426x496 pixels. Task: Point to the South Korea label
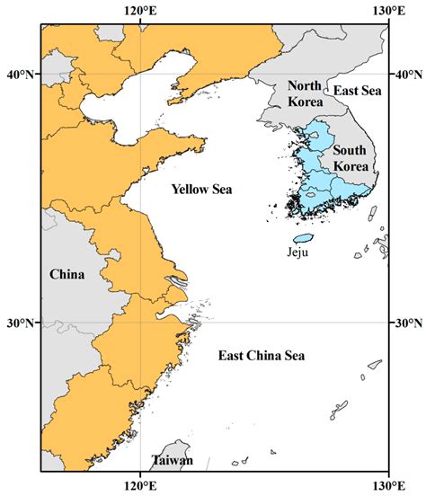point(349,158)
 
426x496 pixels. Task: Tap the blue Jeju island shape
point(304,239)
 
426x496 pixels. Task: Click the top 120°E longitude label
point(139,10)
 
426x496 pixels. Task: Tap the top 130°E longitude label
point(387,10)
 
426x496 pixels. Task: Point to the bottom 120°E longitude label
point(139,486)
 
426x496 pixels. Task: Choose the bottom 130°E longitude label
point(387,486)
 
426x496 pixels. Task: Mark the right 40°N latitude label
point(409,75)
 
